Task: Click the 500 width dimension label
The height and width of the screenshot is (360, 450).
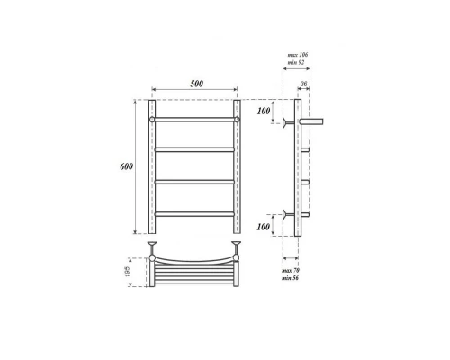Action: pyautogui.click(x=197, y=84)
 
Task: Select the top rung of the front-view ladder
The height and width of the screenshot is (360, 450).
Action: pyautogui.click(x=194, y=120)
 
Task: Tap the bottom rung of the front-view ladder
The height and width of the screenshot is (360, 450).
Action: pyautogui.click(x=194, y=213)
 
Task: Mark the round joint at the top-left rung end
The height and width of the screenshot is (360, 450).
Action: pyautogui.click(x=153, y=120)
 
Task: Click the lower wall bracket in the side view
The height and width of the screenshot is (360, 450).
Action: pyautogui.click(x=287, y=214)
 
